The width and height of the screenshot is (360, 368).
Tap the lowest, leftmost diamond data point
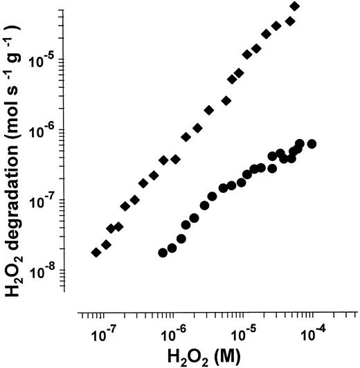96,252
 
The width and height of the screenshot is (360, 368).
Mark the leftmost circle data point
163,252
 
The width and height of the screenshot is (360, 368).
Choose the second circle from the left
172,248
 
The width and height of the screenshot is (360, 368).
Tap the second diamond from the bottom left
106,244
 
